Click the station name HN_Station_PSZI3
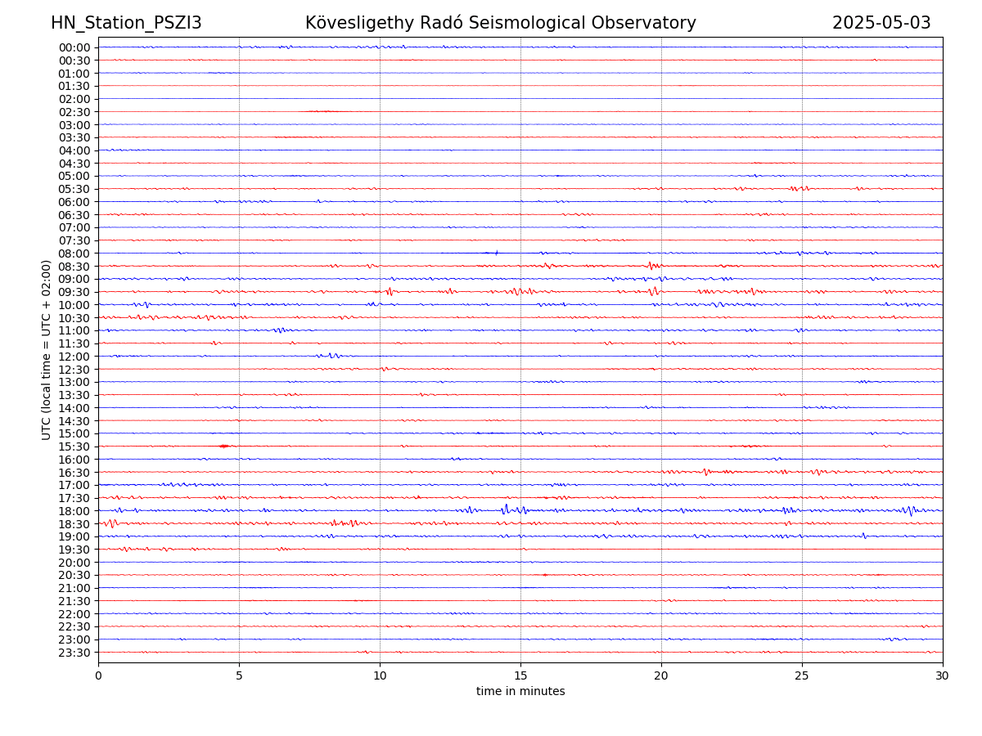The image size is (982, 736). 126,23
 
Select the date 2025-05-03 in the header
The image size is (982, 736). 881,23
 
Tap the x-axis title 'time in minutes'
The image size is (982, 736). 520,692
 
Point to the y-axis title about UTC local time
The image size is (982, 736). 47,349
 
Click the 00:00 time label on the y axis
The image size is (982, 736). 74,47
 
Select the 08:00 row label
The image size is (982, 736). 74,254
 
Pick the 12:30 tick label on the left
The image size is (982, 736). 74,370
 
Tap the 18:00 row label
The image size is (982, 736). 74,511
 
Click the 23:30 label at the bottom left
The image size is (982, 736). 74,653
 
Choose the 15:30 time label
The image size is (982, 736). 74,447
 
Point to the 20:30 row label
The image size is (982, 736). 74,576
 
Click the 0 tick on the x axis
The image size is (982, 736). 98,675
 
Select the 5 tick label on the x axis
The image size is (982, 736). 239,675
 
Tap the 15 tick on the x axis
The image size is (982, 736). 520,675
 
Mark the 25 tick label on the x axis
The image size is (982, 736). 802,675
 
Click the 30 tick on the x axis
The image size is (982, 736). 943,675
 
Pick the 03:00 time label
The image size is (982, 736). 74,125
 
